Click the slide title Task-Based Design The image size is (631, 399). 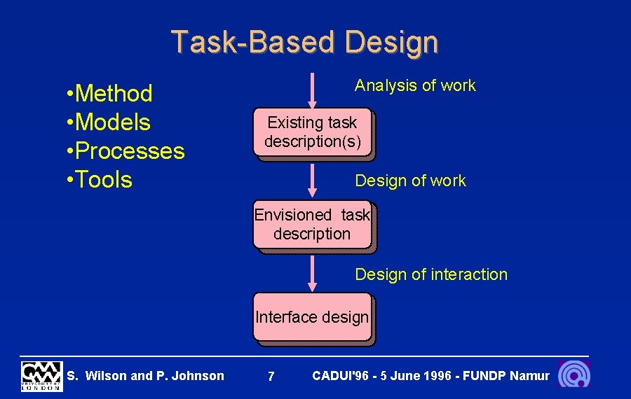(305, 42)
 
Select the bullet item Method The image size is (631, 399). (112, 93)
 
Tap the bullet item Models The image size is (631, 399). (111, 122)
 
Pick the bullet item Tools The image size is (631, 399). (102, 179)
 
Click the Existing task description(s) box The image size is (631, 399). (312, 132)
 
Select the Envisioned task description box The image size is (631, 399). (312, 225)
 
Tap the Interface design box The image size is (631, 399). (312, 317)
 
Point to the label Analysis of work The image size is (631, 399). (415, 85)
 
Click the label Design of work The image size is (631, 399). (410, 181)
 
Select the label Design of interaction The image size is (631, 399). (431, 274)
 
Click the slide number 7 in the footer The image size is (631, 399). (271, 377)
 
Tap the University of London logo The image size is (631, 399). (41, 376)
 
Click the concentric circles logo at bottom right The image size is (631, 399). (574, 374)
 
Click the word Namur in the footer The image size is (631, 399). (530, 376)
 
